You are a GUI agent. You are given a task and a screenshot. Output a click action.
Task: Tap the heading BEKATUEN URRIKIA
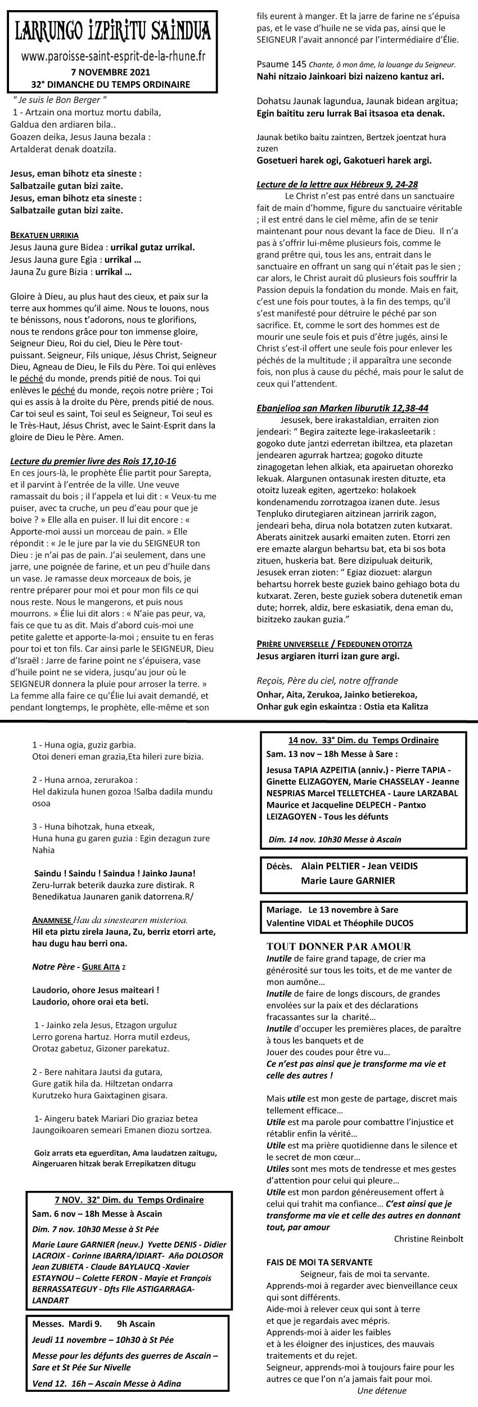44,235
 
